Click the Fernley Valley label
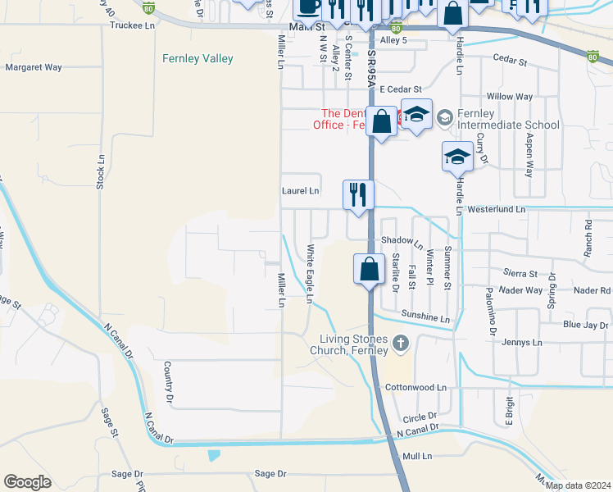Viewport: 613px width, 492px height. [x=198, y=59]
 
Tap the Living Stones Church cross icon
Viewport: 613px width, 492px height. [x=401, y=342]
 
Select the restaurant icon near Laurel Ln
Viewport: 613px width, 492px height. [x=358, y=195]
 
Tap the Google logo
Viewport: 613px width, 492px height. [x=27, y=482]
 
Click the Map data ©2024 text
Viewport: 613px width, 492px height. [x=578, y=485]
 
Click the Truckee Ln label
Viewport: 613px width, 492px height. [x=132, y=26]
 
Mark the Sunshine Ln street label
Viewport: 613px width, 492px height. [x=426, y=317]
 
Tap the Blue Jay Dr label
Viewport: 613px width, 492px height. [x=586, y=326]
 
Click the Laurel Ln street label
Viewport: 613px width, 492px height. [x=301, y=191]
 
